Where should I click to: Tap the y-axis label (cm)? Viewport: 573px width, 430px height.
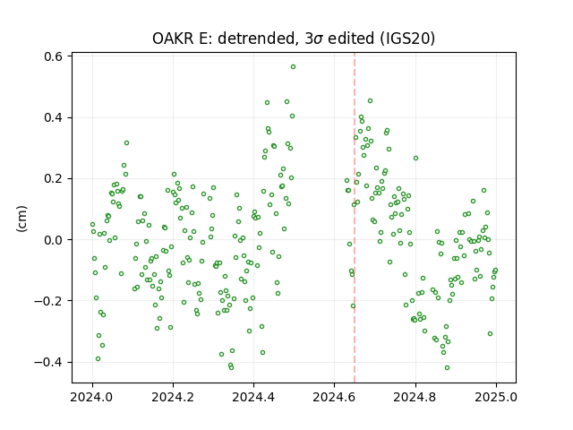point(21,219)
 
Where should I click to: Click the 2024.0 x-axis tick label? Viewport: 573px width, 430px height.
point(92,397)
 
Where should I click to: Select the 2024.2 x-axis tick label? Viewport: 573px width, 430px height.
point(173,397)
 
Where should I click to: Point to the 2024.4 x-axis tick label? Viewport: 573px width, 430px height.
point(253,397)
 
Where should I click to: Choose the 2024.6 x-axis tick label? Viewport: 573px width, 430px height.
point(334,397)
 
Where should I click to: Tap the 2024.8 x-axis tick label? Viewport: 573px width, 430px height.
point(415,397)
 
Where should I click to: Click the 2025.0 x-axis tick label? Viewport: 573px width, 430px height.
point(496,397)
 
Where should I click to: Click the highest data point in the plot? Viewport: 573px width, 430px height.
point(293,67)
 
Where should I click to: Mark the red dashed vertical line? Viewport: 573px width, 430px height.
point(355,218)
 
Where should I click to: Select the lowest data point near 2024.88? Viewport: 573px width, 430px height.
point(447,368)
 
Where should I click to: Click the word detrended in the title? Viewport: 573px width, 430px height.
point(257,39)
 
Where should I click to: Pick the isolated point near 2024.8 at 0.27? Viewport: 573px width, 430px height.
point(415,159)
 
